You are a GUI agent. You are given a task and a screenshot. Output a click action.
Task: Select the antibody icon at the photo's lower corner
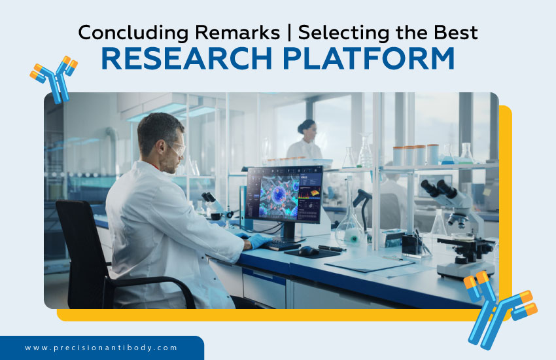click(x=500, y=308)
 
